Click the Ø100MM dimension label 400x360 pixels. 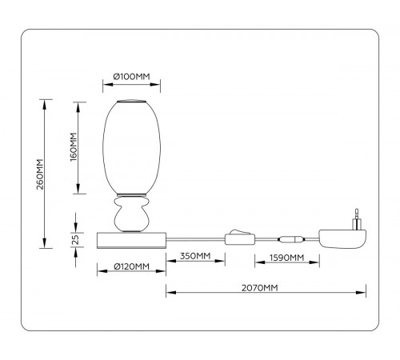pos(131,77)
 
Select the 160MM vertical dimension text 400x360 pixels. pos(74,146)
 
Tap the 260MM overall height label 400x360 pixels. pos(40,174)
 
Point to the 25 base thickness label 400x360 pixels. pos(76,239)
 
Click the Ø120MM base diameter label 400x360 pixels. pos(131,266)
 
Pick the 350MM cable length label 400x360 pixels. pos(195,256)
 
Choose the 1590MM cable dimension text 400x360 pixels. pos(286,258)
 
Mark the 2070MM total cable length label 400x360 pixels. pos(260,288)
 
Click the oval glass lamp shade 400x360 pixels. pos(132,147)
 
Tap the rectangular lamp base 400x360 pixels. pos(131,240)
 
